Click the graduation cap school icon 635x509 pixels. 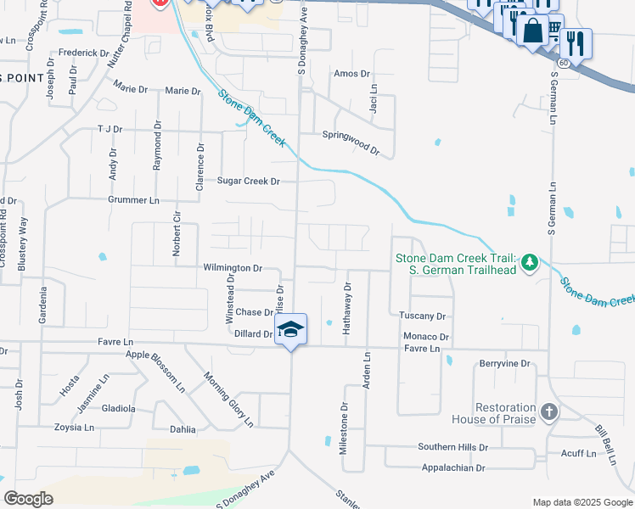tap(290, 330)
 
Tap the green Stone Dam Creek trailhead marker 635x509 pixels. tap(530, 262)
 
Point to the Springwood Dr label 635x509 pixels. tap(351, 141)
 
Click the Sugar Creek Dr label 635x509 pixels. tap(248, 182)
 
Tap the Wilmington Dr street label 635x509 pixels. tap(233, 267)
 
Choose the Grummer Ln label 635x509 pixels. tap(133, 200)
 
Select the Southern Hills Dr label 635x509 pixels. tap(452, 447)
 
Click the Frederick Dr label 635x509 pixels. tap(78, 53)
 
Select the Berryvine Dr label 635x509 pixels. tap(504, 363)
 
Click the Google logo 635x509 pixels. tap(28, 499)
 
